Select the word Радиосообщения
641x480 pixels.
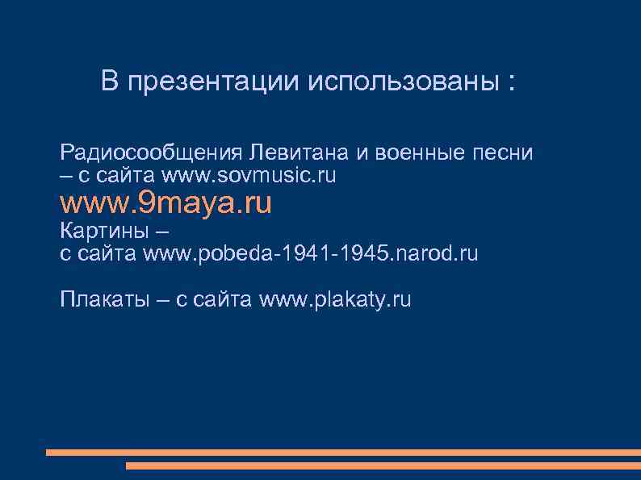(x=151, y=153)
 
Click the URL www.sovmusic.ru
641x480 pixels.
(x=249, y=175)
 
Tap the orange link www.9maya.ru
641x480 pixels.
(x=166, y=203)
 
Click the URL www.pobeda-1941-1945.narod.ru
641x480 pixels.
(x=311, y=254)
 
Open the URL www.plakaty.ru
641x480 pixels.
(x=335, y=300)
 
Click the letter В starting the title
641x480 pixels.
(x=110, y=81)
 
